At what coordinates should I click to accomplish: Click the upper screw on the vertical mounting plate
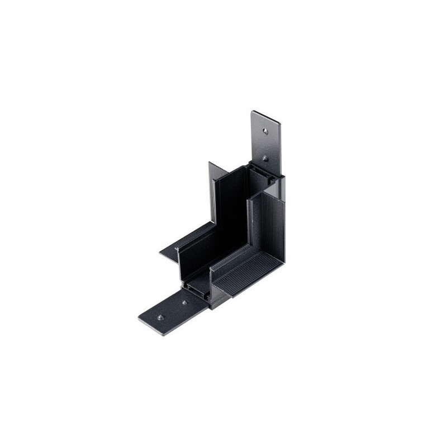(x=265, y=129)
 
